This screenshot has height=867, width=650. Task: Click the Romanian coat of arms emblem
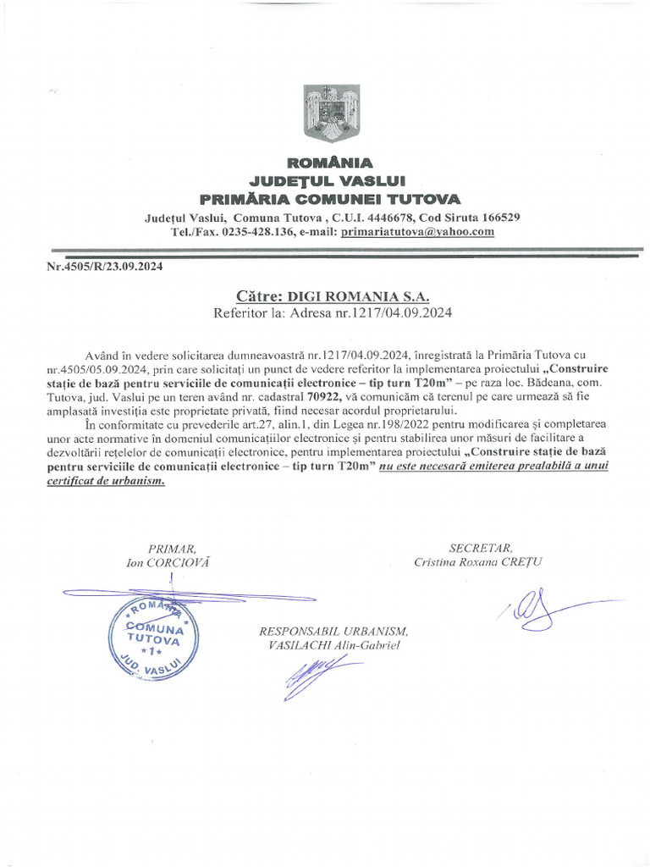pyautogui.click(x=325, y=115)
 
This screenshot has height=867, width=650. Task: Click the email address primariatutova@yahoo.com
pyautogui.click(x=417, y=231)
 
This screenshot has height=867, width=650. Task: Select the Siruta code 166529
pyautogui.click(x=500, y=218)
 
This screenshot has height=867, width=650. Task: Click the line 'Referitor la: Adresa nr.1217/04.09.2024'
pyautogui.click(x=333, y=312)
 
